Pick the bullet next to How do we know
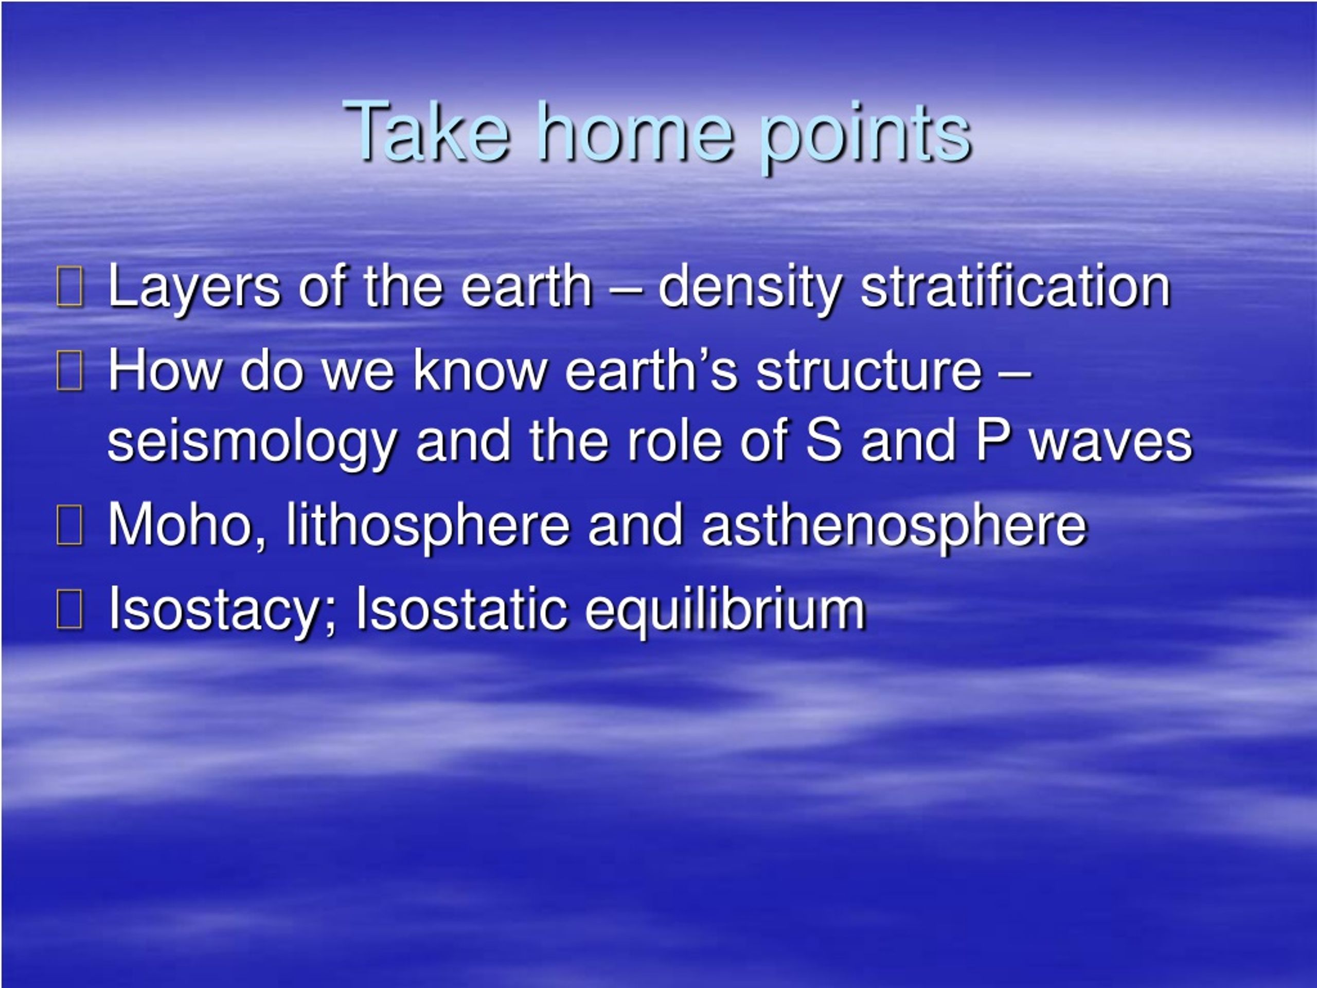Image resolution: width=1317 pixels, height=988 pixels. click(x=69, y=372)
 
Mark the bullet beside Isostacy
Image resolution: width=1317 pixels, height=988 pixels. click(x=69, y=609)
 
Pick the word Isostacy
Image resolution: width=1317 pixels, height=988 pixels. click(x=223, y=610)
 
